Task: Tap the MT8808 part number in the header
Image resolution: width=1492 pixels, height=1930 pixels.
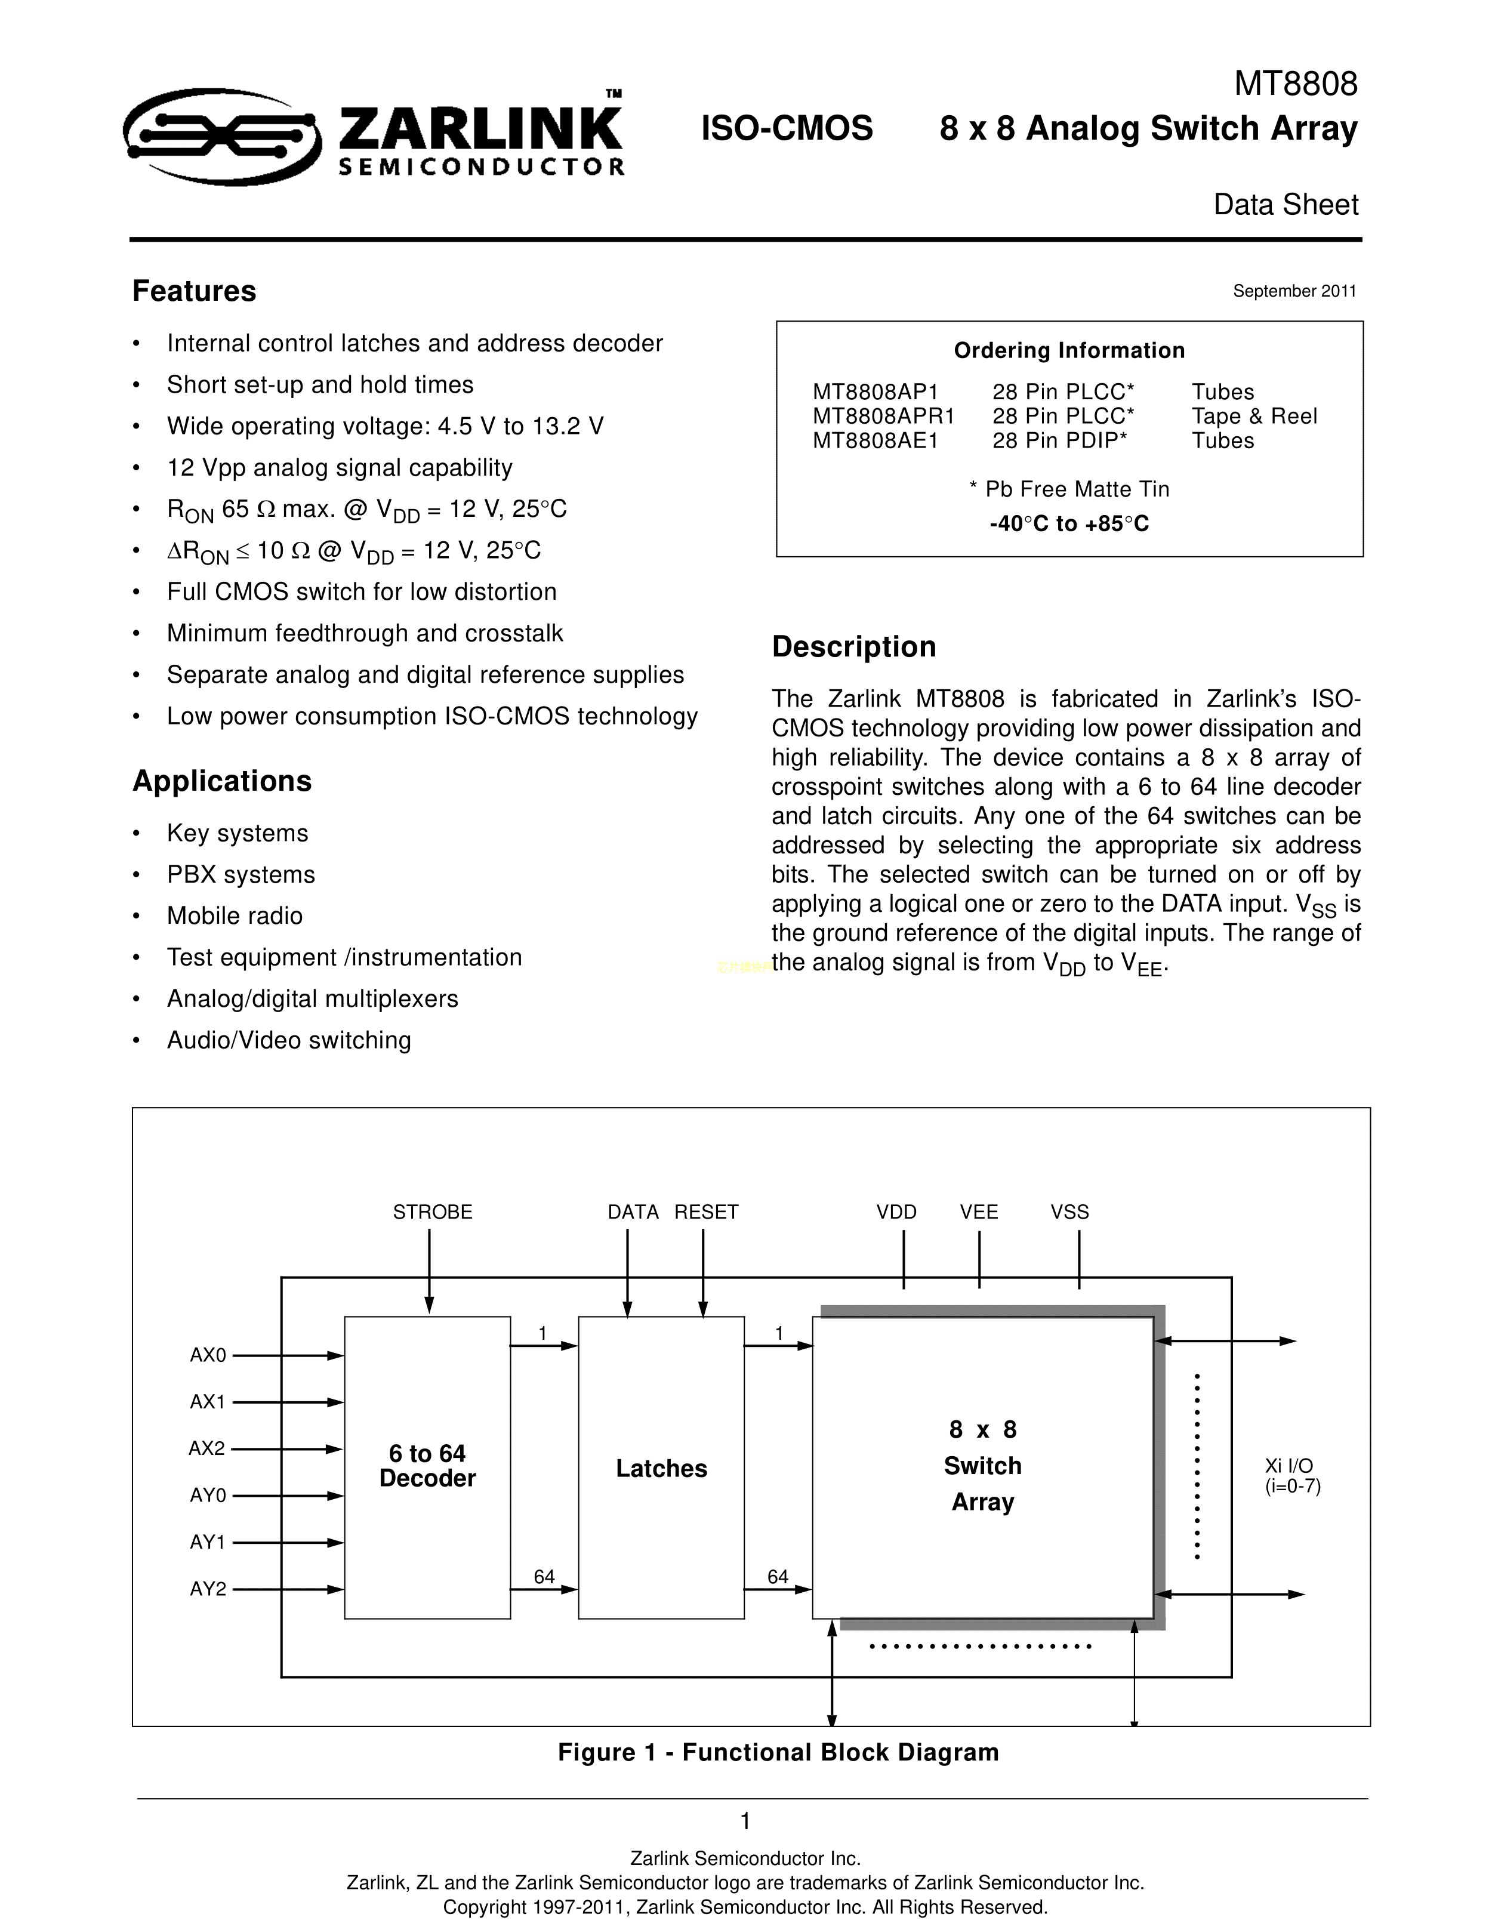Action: [x=1295, y=84]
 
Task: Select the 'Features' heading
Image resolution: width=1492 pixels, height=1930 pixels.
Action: [x=195, y=291]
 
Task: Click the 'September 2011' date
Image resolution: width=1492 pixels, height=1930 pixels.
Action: [x=1294, y=291]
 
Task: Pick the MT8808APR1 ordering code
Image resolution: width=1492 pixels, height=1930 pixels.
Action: [x=883, y=416]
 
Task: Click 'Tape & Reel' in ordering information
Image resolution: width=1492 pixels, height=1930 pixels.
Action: [x=1253, y=416]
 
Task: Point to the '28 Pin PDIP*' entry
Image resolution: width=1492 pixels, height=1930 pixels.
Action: [x=1060, y=440]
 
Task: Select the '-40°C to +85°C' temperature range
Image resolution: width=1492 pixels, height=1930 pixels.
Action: [x=1069, y=524]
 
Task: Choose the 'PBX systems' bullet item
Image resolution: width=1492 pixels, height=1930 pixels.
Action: [x=241, y=874]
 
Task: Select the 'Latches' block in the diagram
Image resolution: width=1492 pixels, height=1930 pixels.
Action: [x=661, y=1469]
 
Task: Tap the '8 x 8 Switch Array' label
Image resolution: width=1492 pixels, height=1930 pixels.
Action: [x=982, y=1466]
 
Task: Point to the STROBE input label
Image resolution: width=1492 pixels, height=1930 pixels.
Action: [x=432, y=1211]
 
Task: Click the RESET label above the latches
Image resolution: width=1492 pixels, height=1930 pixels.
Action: [x=705, y=1211]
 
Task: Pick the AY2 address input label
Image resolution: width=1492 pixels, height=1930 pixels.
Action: [x=209, y=1589]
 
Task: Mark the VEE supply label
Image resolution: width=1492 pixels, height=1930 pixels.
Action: [x=979, y=1211]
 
